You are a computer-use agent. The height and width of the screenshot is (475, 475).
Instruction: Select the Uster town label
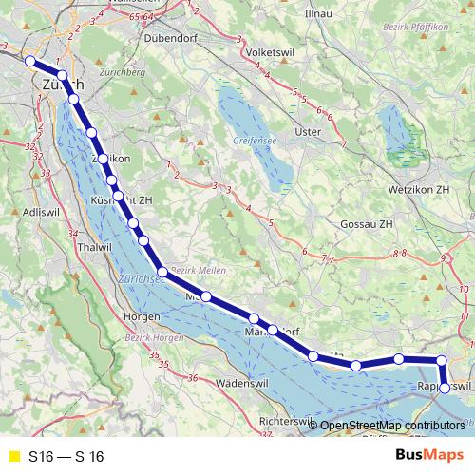click(x=309, y=132)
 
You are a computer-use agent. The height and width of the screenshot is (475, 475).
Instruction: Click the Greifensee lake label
click(x=254, y=141)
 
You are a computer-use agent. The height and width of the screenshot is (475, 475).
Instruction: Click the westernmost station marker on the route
click(x=29, y=62)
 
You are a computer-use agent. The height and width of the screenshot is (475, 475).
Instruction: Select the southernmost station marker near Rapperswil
click(x=444, y=388)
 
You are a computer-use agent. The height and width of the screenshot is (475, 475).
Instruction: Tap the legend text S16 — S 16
click(x=66, y=456)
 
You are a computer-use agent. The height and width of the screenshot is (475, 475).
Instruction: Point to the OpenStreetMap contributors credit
click(x=392, y=426)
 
